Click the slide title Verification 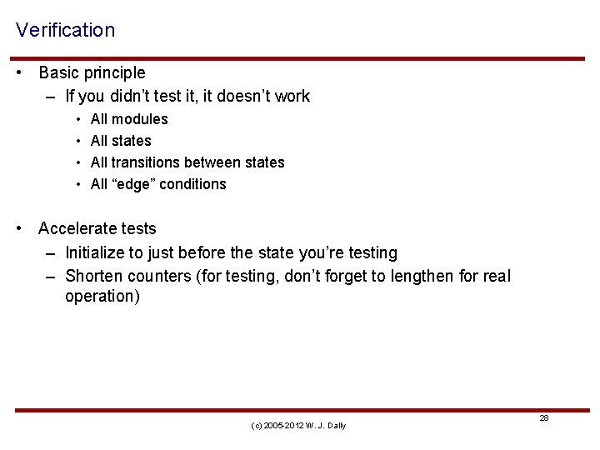click(x=65, y=30)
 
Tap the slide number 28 click(x=544, y=418)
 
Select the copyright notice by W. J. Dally click(x=298, y=426)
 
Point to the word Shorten click(x=93, y=276)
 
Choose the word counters click(x=161, y=276)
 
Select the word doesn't click(x=242, y=97)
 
